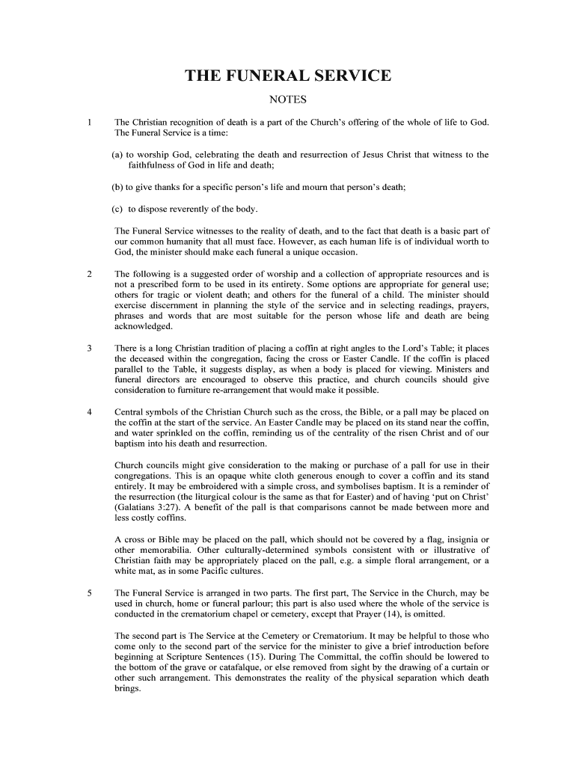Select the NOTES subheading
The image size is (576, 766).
[288, 100]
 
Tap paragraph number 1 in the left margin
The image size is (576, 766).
[90, 122]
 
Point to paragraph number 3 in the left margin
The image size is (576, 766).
[90, 348]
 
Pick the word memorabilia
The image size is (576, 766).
[166, 551]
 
